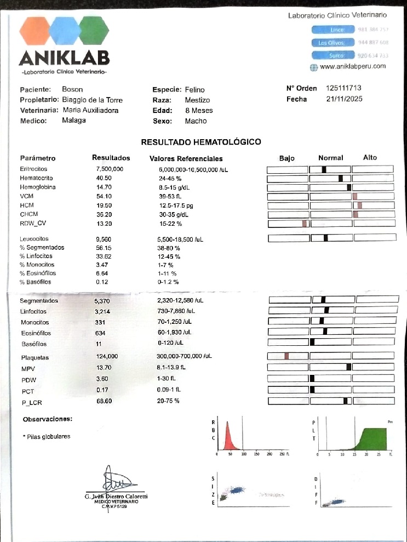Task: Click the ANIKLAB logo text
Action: pos(64,58)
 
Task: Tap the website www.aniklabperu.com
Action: pos(352,66)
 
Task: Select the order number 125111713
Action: pos(343,88)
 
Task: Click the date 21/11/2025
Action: pos(344,99)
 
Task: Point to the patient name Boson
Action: pos(72,89)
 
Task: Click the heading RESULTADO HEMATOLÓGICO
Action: pos(201,142)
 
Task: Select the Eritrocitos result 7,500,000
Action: pos(109,169)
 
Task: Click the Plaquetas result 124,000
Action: pos(106,356)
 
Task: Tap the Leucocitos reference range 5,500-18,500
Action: pos(180,239)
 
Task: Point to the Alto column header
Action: pos(370,158)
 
